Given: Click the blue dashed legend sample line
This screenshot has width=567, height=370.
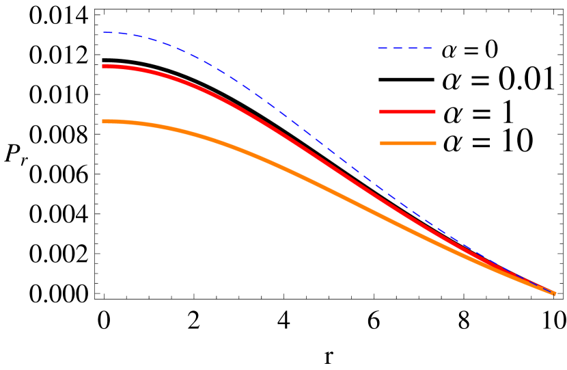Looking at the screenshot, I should pyautogui.click(x=405, y=49).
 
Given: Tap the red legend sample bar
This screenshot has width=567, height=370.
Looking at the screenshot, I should pyautogui.click(x=407, y=111).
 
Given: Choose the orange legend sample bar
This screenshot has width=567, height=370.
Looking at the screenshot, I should pyautogui.click(x=408, y=143).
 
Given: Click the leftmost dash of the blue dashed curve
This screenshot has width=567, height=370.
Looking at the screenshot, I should pyautogui.click(x=108, y=33).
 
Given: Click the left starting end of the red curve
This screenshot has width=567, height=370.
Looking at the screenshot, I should pyautogui.click(x=104, y=66).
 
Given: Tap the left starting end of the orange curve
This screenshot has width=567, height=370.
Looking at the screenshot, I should pyautogui.click(x=104, y=121).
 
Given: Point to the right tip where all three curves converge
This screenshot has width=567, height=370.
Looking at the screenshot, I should pyautogui.click(x=554, y=293).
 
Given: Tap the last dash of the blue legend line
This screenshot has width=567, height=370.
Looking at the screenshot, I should pyautogui.click(x=428, y=49).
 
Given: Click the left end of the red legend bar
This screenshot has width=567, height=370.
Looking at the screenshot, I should pyautogui.click(x=381, y=111).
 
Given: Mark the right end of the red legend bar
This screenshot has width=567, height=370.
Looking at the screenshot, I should pyautogui.click(x=434, y=111).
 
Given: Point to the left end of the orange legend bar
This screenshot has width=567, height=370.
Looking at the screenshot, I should pyautogui.click(x=382, y=143).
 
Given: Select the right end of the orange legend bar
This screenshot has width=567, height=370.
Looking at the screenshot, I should pyautogui.click(x=434, y=143).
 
